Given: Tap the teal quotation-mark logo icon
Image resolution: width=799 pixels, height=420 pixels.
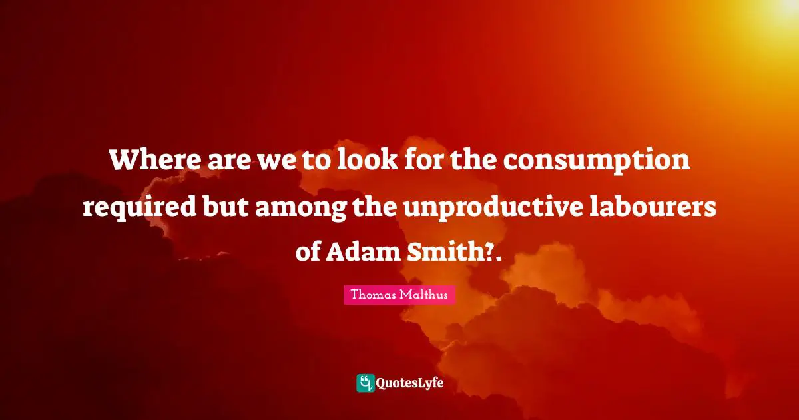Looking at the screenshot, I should tap(366, 383).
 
